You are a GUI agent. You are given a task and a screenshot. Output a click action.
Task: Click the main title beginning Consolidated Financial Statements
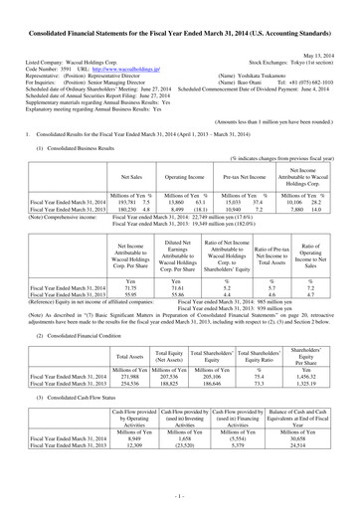179,9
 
